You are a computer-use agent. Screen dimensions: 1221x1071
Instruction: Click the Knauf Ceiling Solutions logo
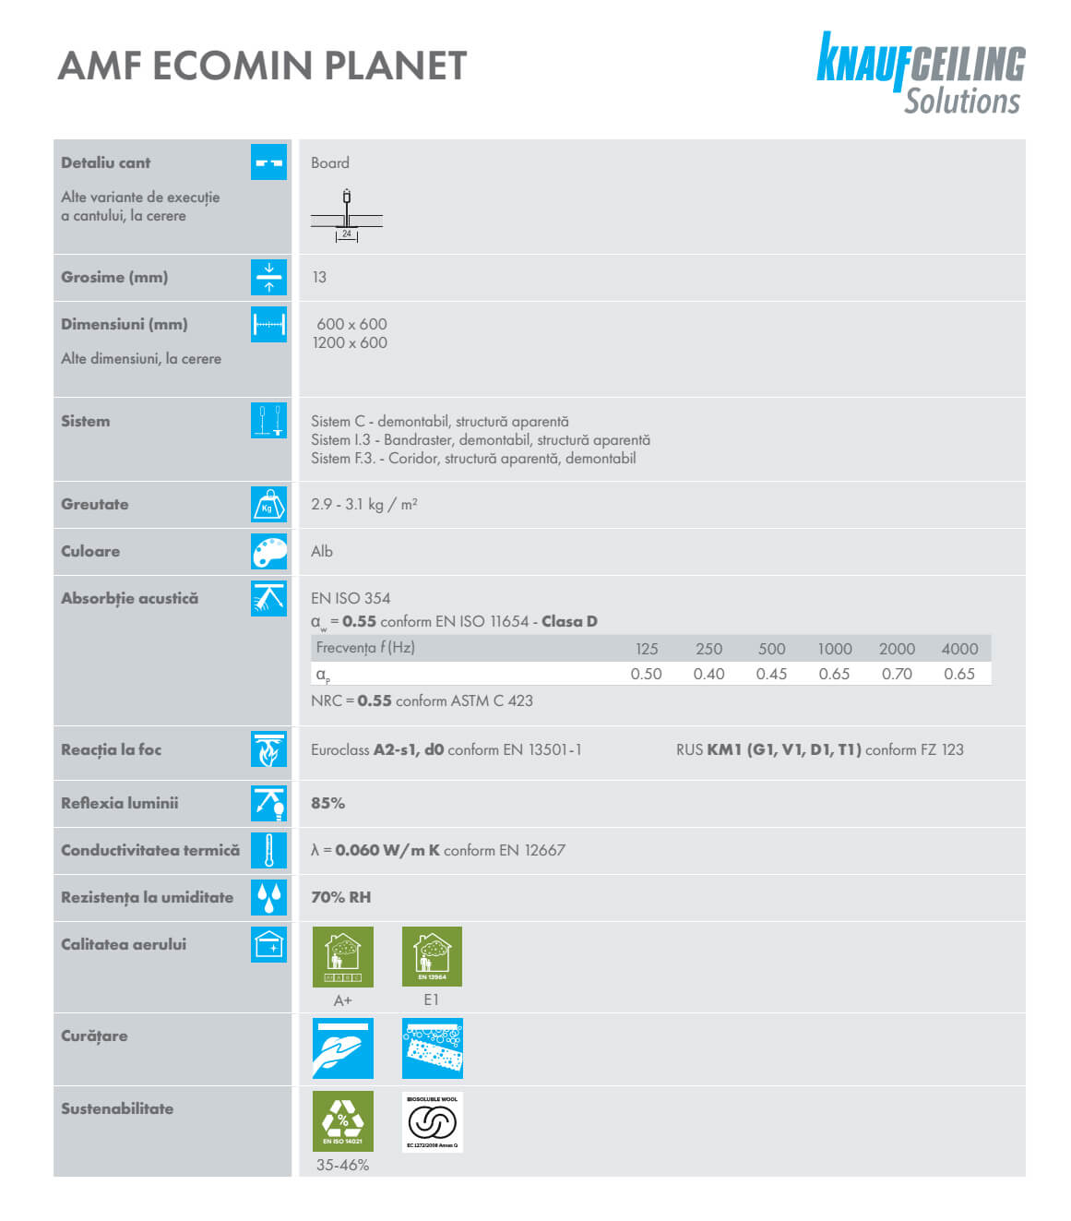[x=920, y=74]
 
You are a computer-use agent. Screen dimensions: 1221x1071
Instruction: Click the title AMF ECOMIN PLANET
[x=263, y=66]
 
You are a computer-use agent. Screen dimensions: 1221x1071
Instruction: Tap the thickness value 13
[x=319, y=277]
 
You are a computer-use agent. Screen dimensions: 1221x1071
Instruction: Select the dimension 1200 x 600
[x=350, y=342]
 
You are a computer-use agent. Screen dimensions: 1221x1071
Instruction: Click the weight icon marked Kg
[x=268, y=505]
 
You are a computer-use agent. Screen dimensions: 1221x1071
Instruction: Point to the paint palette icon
[x=268, y=552]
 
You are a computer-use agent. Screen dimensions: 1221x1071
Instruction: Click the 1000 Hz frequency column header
[x=834, y=649]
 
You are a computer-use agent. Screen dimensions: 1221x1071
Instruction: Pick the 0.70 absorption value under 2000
[x=896, y=674]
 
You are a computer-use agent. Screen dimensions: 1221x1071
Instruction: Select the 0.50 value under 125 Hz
[x=646, y=674]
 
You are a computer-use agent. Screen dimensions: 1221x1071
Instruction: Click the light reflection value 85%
[x=327, y=803]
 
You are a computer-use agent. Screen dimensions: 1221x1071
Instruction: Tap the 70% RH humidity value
[x=340, y=897]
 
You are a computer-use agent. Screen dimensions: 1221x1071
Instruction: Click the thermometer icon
[x=268, y=850]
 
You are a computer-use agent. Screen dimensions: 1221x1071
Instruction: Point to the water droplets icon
[x=268, y=897]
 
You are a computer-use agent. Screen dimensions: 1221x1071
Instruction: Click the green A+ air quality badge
[x=343, y=957]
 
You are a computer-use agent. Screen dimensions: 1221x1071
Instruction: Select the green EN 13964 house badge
[x=432, y=957]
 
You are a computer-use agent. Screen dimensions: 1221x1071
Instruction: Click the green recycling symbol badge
[x=343, y=1120]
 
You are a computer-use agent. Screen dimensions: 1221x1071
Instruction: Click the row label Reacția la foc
[x=111, y=749]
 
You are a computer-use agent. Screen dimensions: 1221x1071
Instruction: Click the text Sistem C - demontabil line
[x=439, y=422]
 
